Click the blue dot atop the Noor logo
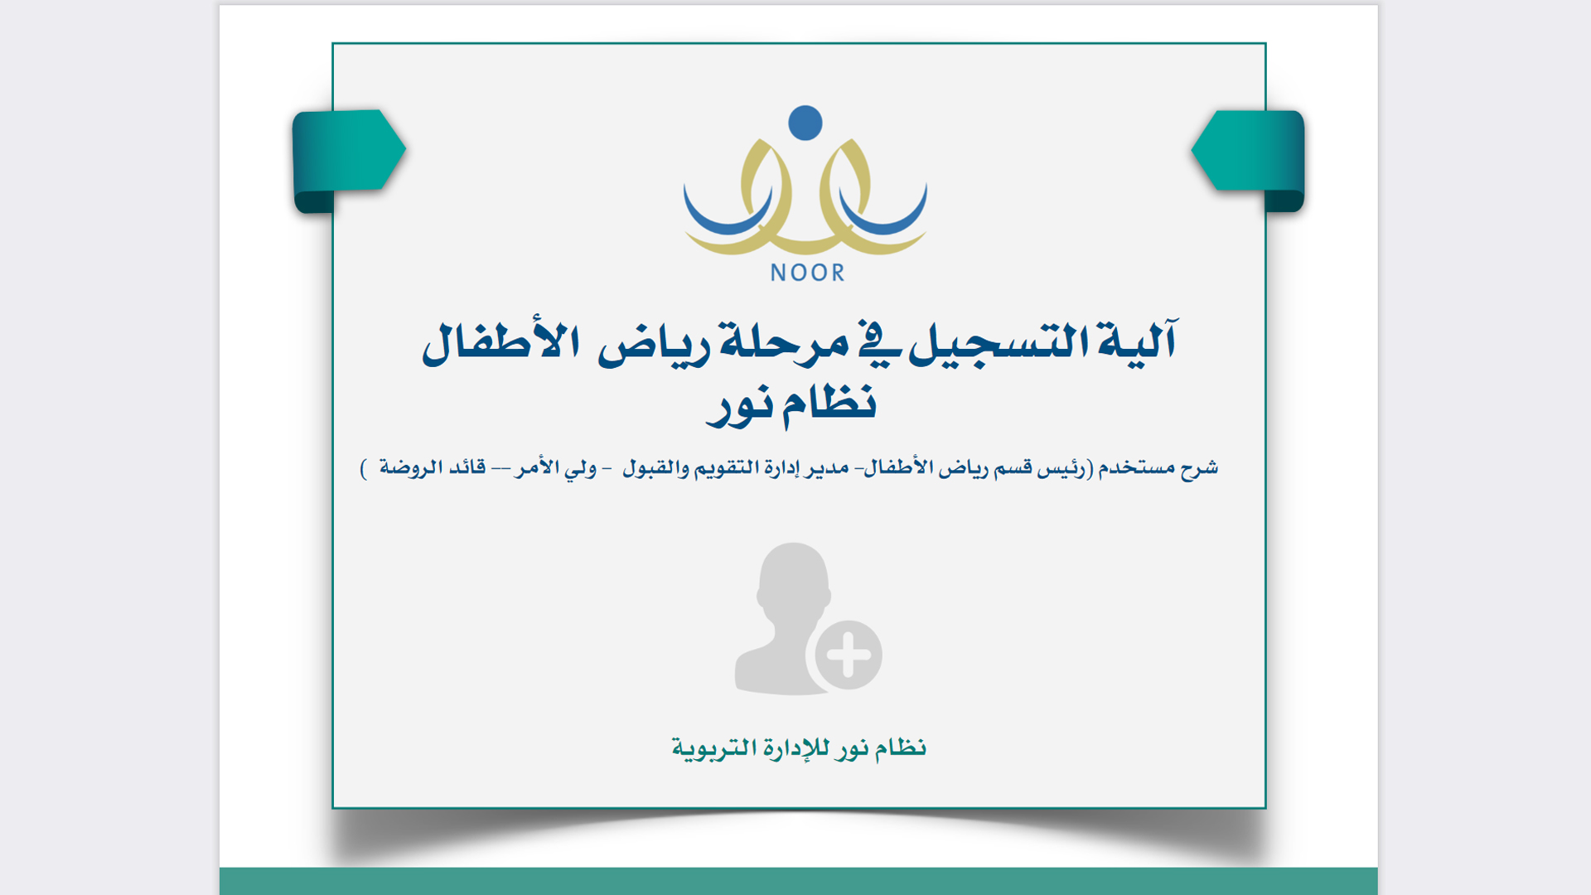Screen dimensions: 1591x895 pos(805,123)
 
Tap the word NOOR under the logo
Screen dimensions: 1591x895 pos(807,273)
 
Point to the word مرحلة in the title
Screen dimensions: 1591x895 pos(784,343)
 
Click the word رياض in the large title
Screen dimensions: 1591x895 pos(655,345)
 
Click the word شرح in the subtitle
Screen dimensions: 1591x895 pos(1199,468)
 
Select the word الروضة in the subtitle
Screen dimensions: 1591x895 pos(409,467)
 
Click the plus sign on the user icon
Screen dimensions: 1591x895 pos(849,655)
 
